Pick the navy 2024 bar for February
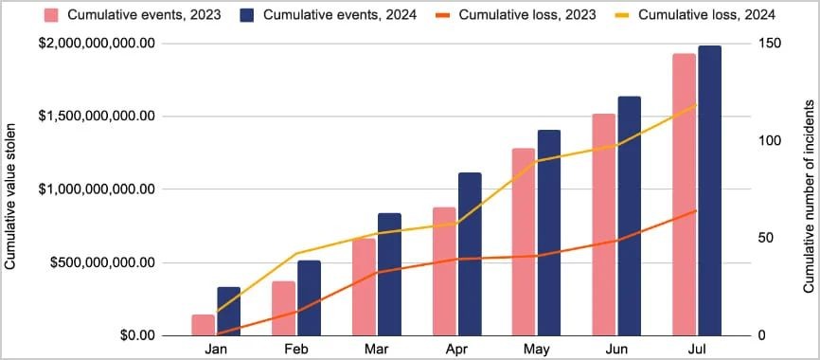pos(310,297)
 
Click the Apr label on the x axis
pos(456,351)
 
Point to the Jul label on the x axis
pos(696,351)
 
